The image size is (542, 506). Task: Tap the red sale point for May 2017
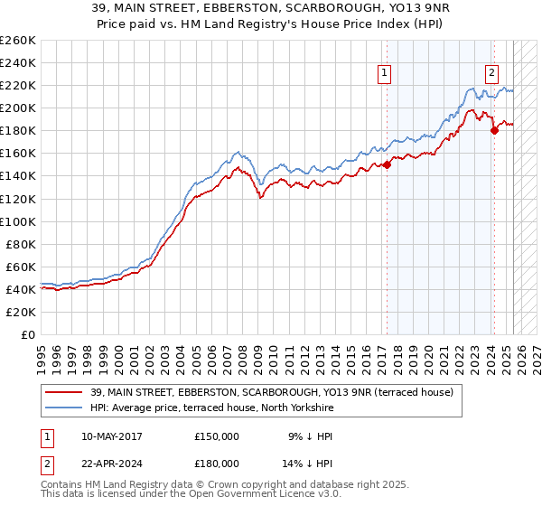tap(387, 164)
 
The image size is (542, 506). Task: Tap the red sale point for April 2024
tap(494, 131)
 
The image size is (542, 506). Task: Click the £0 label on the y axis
tap(29, 334)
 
